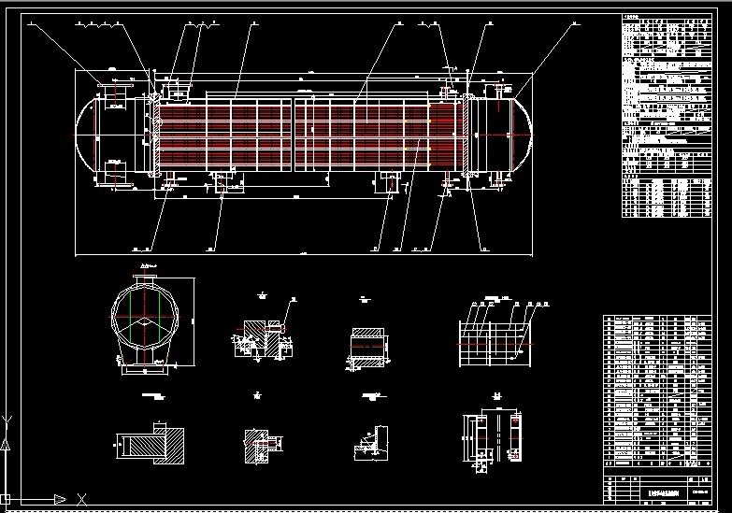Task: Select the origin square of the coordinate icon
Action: click(x=7, y=498)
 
